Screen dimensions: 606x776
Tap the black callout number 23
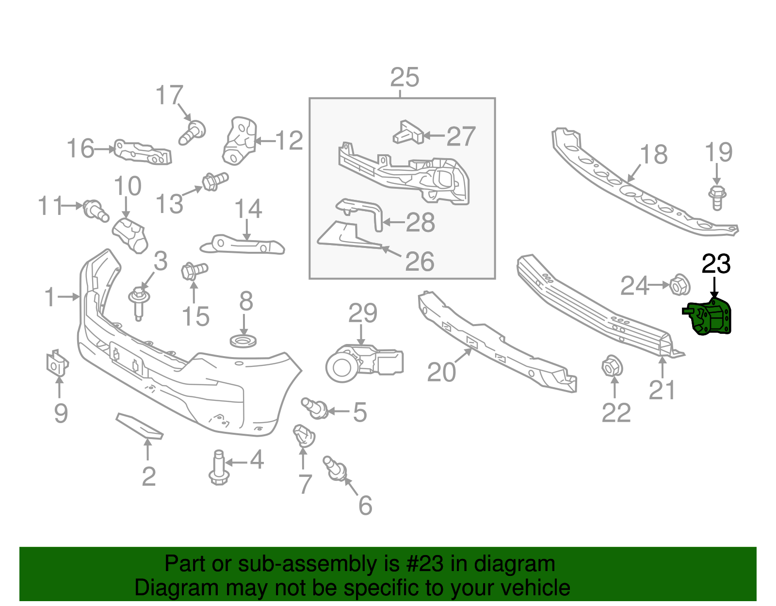pyautogui.click(x=716, y=264)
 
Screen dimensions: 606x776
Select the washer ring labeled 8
pyautogui.click(x=243, y=341)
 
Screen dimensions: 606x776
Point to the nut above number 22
pyautogui.click(x=612, y=366)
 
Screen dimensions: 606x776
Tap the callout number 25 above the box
pyautogui.click(x=404, y=78)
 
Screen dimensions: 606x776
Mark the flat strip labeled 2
pyautogui.click(x=139, y=426)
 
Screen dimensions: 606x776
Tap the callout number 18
pyautogui.click(x=653, y=155)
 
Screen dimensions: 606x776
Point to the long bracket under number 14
pyautogui.click(x=242, y=245)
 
